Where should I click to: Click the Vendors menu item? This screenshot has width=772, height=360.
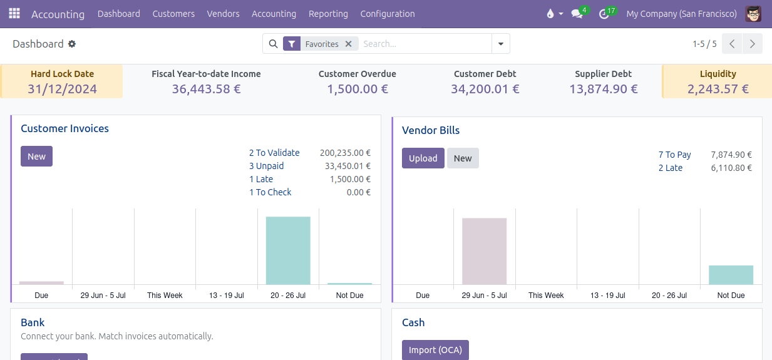point(223,14)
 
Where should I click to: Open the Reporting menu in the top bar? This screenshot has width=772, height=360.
point(328,14)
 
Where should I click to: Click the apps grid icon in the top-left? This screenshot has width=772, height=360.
point(14,14)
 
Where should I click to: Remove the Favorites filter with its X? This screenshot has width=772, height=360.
point(349,44)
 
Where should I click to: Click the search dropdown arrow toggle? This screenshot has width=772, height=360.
point(501,44)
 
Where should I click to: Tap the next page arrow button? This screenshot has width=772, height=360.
point(752,44)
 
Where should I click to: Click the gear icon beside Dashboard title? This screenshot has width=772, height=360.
point(72,44)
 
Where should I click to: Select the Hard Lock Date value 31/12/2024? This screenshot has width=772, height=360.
point(62,89)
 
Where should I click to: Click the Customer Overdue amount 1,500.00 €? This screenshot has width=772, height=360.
point(357,89)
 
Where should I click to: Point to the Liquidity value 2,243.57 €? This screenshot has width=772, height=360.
point(718,89)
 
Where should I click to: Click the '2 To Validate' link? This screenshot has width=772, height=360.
point(274,153)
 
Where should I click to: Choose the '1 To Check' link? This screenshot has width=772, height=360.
point(270,192)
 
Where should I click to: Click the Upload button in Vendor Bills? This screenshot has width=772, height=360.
point(423,158)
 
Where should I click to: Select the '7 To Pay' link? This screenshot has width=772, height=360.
point(674,155)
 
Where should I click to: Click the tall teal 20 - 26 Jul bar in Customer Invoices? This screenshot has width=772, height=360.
point(288,250)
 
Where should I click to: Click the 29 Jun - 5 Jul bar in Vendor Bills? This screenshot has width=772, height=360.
point(484,251)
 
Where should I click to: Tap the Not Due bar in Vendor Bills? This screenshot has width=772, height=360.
point(731,275)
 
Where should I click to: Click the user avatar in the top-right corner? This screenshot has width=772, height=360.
point(753,14)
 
